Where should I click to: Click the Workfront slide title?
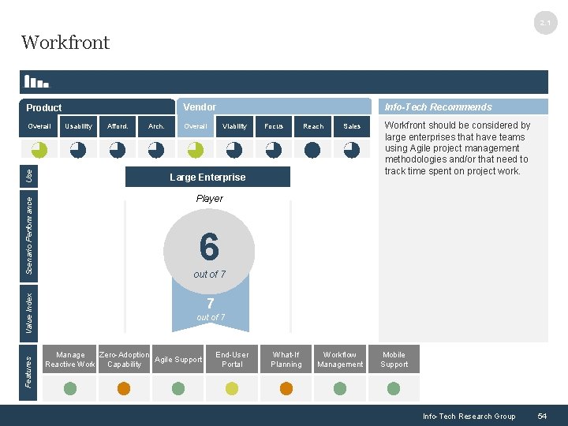pos(65,43)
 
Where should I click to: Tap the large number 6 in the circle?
pos(209,247)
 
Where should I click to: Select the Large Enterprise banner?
pos(207,177)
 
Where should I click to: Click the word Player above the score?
pos(209,199)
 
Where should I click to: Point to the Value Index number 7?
pos(210,304)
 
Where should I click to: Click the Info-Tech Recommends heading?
pos(438,107)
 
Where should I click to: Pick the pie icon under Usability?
pos(78,149)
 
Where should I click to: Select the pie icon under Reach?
pos(312,149)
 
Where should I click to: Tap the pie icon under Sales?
pos(352,149)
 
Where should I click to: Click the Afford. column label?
pos(118,126)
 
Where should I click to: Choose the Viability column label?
pos(234,126)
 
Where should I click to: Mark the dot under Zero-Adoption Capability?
pos(124,388)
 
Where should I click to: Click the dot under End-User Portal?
pos(232,388)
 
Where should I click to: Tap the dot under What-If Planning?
pos(286,388)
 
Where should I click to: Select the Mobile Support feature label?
pos(394,360)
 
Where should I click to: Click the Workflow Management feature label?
pos(340,360)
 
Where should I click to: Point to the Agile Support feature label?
pos(178,360)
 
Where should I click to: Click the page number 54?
pos(542,416)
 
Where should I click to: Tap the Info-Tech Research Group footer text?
pos(469,416)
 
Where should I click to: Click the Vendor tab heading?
pos(200,107)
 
